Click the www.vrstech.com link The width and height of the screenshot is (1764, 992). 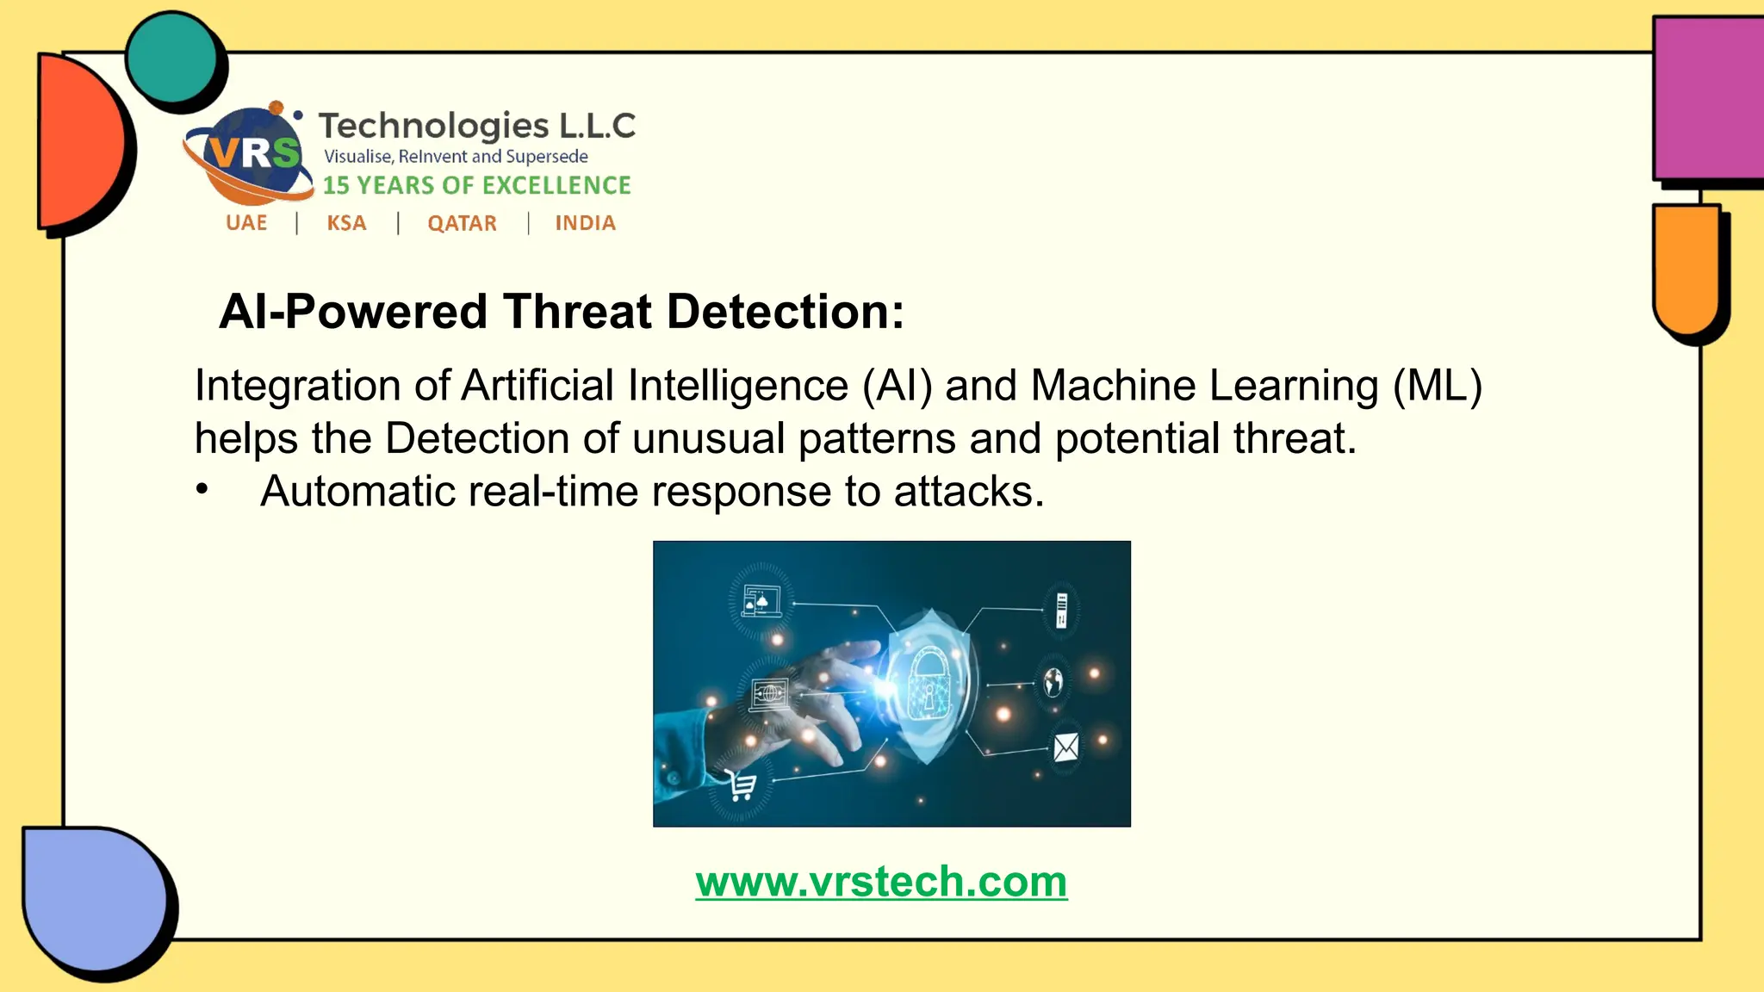pos(881,882)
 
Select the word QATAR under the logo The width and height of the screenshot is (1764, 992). pos(462,223)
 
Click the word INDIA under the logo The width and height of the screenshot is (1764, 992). pos(585,223)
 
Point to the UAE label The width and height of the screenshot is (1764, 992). pos(246,223)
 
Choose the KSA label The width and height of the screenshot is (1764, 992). pos(346,223)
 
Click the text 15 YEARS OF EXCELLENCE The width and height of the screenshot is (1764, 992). pos(476,185)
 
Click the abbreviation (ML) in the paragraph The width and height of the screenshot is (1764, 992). pos(1437,385)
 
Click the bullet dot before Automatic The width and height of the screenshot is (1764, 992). pos(202,490)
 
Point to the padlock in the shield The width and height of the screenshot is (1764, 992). pos(928,680)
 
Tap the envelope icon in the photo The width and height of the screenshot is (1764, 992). pos(1065,747)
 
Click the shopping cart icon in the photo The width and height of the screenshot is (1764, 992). pos(740,784)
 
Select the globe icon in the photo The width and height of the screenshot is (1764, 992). pos(1053,682)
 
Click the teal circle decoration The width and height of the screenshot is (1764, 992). pos(171,59)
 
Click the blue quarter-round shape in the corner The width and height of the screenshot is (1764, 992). pos(90,896)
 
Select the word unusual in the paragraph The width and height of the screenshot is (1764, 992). pos(708,438)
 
